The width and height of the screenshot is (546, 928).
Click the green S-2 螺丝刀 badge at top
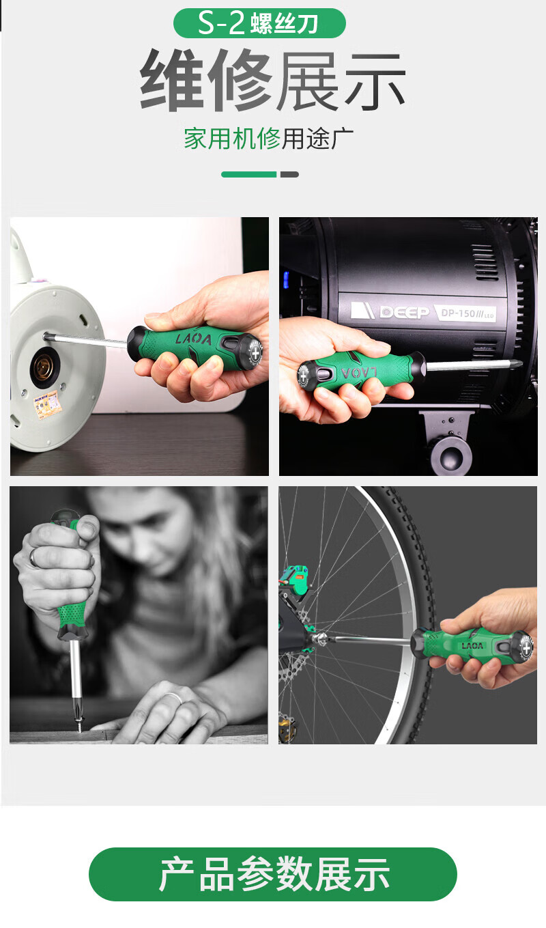[259, 23]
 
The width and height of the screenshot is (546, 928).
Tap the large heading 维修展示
[273, 79]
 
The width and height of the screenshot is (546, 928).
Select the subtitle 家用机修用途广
[268, 139]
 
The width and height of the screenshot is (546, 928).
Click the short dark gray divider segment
[289, 174]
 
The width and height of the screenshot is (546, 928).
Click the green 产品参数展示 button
[273, 874]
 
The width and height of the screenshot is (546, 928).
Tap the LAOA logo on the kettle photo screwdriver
[193, 339]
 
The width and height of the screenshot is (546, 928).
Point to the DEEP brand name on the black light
[404, 311]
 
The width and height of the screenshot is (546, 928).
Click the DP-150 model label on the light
[467, 313]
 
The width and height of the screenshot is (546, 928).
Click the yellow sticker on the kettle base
[48, 405]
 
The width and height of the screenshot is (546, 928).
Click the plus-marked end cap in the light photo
[304, 376]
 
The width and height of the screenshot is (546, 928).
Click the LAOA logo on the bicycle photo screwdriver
[472, 646]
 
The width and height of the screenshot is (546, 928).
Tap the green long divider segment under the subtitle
[249, 174]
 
